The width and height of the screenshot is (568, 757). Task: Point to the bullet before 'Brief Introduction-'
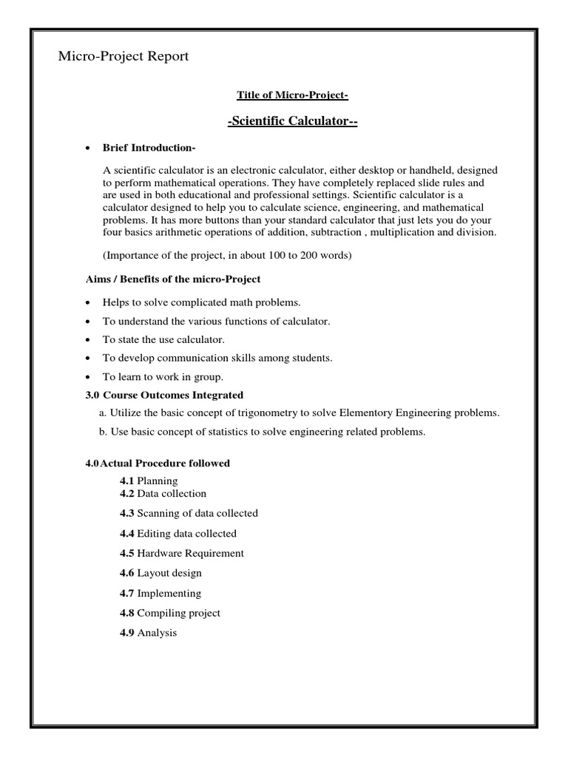(x=89, y=148)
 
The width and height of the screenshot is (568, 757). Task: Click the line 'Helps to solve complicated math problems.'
(x=201, y=303)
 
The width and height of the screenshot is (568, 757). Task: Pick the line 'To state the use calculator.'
(x=163, y=339)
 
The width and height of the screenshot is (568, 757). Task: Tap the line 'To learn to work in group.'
(x=159, y=376)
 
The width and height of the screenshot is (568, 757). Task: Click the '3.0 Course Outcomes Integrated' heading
(x=164, y=395)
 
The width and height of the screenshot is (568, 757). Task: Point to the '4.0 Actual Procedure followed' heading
(x=158, y=464)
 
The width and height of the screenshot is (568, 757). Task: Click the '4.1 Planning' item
(x=149, y=481)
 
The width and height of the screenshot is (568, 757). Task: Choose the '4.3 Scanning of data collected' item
(x=189, y=513)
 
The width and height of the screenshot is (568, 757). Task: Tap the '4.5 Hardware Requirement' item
(x=181, y=553)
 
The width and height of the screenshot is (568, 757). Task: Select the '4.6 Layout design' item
(x=160, y=573)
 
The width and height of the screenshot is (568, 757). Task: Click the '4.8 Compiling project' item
(x=169, y=613)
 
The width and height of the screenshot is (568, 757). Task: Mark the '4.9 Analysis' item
(x=149, y=633)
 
